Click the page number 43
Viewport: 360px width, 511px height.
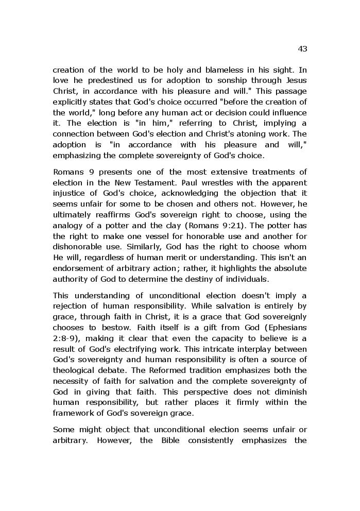[302, 49]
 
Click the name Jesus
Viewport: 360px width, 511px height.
[295, 80]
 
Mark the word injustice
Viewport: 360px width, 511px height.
[71, 194]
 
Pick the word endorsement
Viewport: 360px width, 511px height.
[77, 268]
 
